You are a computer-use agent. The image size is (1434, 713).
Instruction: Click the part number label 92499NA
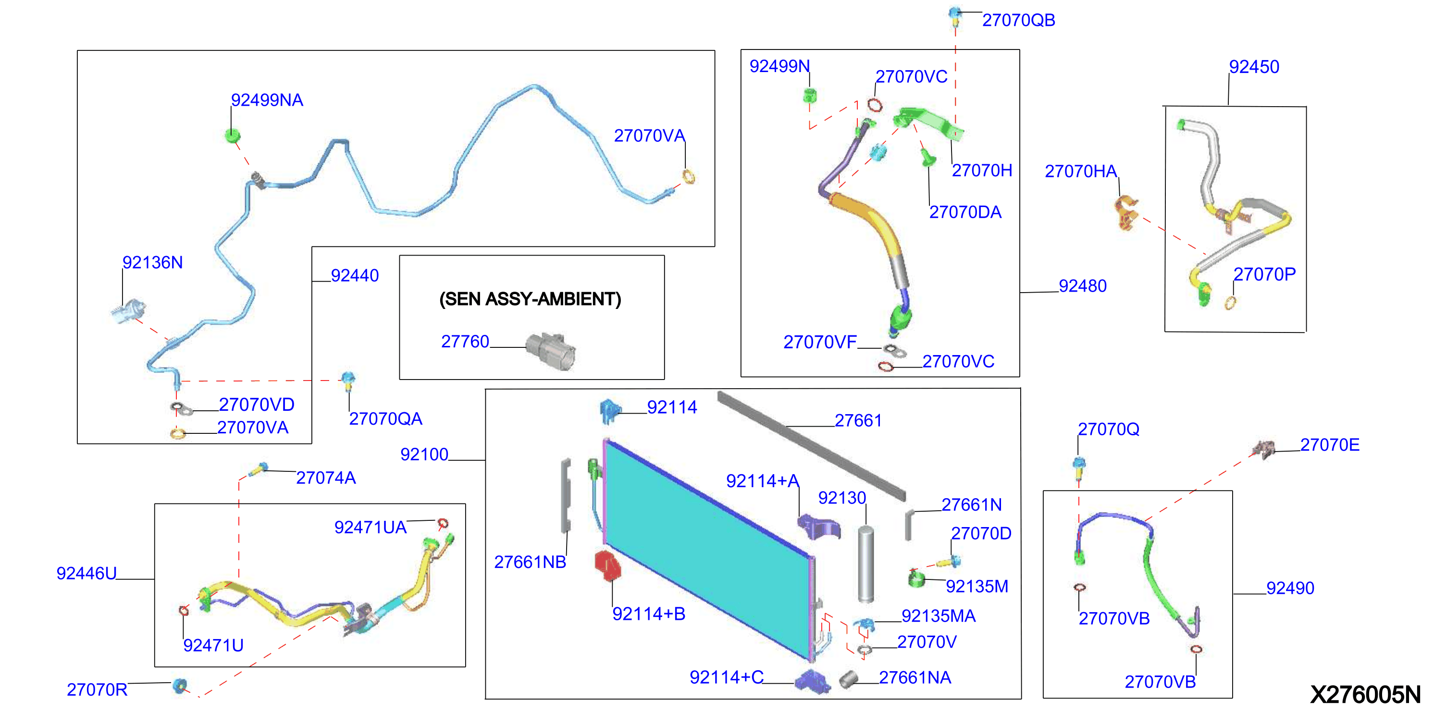pyautogui.click(x=267, y=100)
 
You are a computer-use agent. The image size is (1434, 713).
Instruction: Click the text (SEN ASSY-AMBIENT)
pyautogui.click(x=530, y=299)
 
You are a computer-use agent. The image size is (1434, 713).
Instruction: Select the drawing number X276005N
pyautogui.click(x=1365, y=694)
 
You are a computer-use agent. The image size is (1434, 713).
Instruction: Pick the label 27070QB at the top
pyautogui.click(x=1018, y=21)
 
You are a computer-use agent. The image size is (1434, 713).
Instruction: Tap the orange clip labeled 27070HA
pyautogui.click(x=1126, y=212)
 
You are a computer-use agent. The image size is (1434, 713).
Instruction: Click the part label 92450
pyautogui.click(x=1254, y=67)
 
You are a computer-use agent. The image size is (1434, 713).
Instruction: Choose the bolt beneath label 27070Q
pyautogui.click(x=1079, y=468)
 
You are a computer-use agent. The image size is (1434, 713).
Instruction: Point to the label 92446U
pyautogui.click(x=87, y=573)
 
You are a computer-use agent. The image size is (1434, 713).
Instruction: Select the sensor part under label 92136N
pyautogui.click(x=129, y=312)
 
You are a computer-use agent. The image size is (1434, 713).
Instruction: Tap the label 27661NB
pyautogui.click(x=530, y=562)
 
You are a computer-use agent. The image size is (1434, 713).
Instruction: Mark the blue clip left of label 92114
pyautogui.click(x=609, y=411)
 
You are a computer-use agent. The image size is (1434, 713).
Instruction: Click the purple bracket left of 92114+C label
pyautogui.click(x=813, y=681)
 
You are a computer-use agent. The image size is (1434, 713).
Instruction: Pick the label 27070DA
pyautogui.click(x=965, y=212)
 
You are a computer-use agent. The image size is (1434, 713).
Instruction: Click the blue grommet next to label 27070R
pyautogui.click(x=179, y=686)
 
